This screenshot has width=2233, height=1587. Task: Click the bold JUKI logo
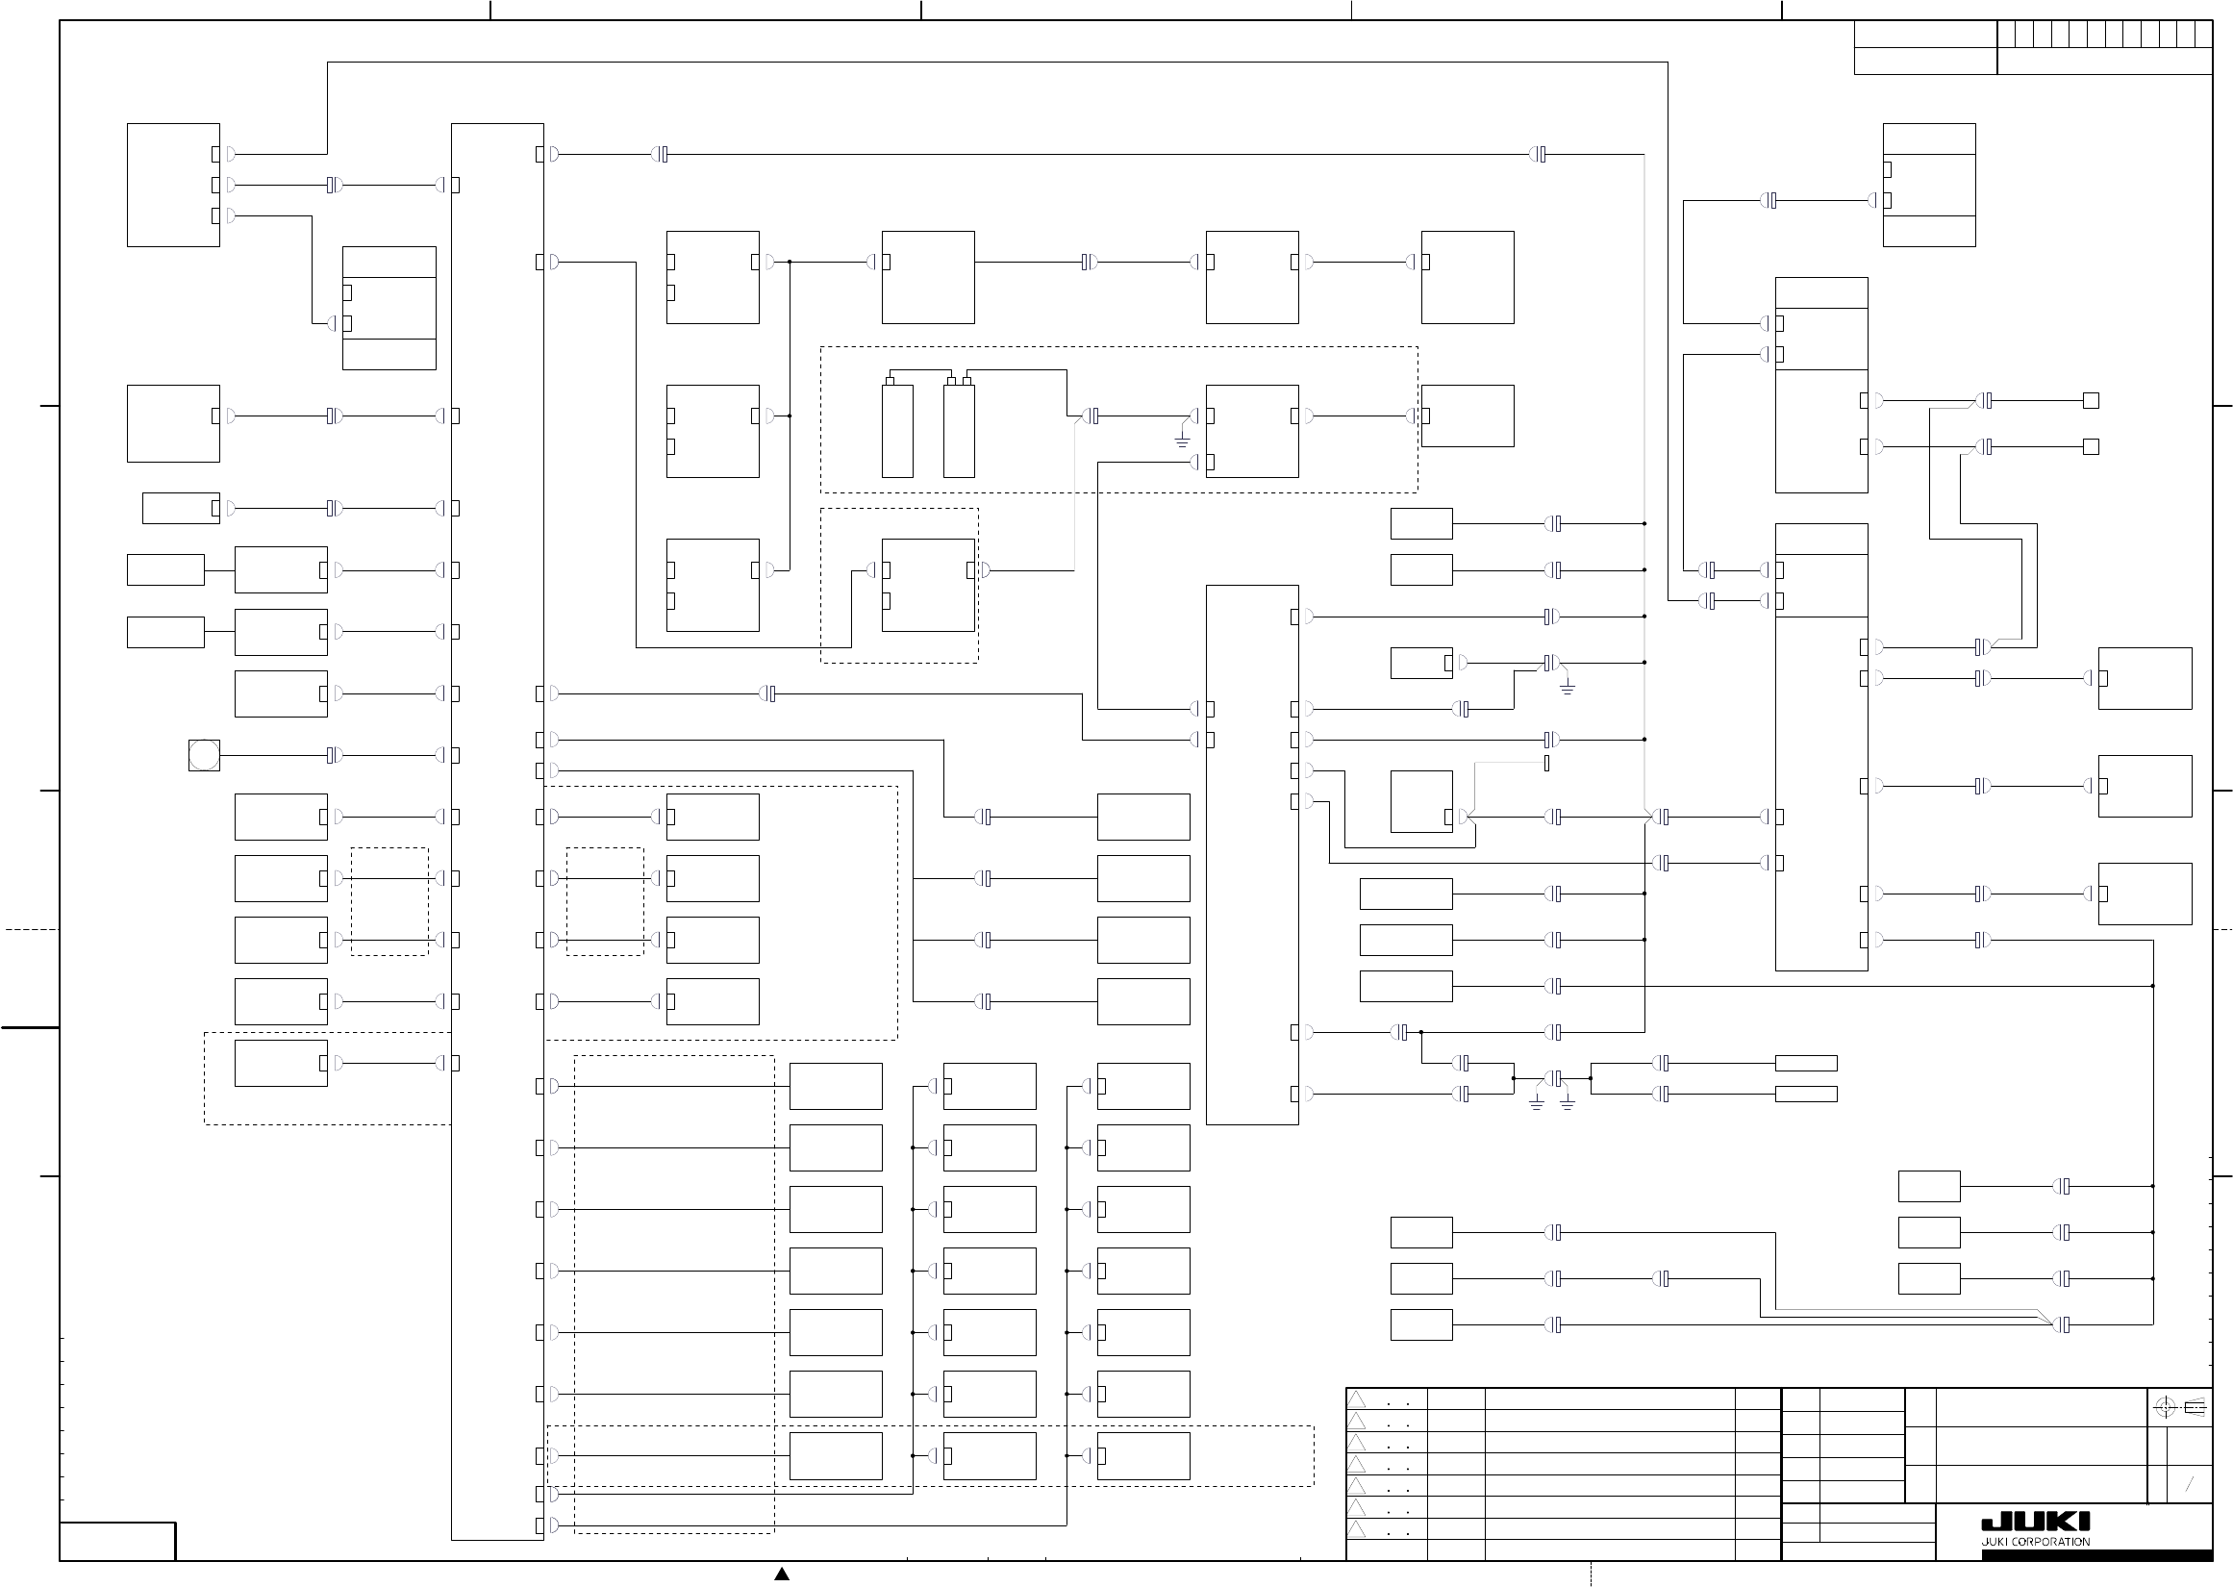click(2035, 1523)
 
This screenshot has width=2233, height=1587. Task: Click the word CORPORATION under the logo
click(2051, 1542)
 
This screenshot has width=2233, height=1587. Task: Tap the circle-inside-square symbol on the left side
click(204, 755)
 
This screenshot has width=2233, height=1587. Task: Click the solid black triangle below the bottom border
click(782, 1574)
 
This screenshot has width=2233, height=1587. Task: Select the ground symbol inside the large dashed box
click(1182, 441)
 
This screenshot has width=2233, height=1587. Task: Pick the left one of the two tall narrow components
click(897, 430)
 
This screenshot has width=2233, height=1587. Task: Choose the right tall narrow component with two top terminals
click(959, 430)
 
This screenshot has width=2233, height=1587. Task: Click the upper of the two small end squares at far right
click(2092, 401)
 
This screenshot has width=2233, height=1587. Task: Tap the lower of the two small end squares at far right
click(2092, 446)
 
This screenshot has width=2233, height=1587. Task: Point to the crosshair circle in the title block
click(2165, 1408)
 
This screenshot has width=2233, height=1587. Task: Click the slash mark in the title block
click(2190, 1484)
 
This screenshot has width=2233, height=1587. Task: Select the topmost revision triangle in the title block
click(1357, 1399)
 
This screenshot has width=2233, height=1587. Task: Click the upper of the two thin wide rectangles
click(1805, 1063)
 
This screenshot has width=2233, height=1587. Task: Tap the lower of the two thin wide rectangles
click(1805, 1095)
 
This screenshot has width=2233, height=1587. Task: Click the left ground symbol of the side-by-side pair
click(1537, 1105)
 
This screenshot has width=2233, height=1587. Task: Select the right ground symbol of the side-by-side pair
click(1567, 1105)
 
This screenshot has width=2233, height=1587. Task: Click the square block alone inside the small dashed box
click(928, 586)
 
